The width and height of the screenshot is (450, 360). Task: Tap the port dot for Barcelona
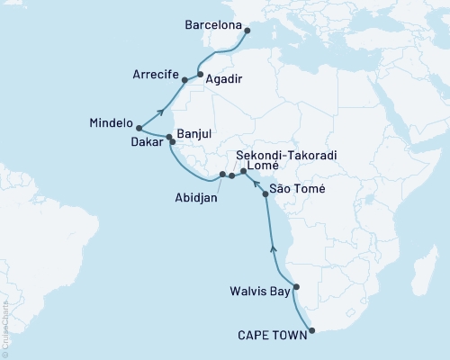[x=247, y=31]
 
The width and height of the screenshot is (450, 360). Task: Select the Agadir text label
[x=225, y=79]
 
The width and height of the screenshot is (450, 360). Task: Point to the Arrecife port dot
[x=184, y=80]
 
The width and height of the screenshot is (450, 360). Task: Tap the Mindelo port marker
[x=139, y=128]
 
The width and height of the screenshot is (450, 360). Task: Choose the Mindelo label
[x=112, y=123]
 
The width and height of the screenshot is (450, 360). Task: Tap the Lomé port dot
[x=244, y=171]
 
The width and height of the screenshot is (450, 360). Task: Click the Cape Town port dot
[x=312, y=331]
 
